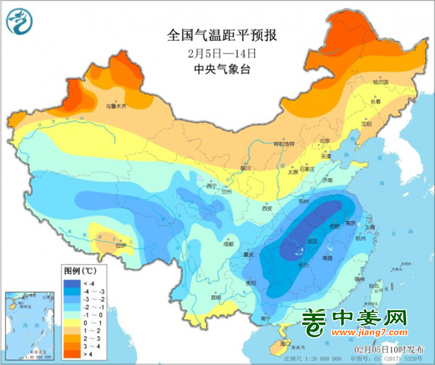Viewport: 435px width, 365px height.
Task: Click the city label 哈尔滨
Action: [380, 82]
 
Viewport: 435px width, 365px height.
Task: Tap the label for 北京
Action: [325, 141]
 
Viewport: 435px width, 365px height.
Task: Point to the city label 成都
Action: [230, 244]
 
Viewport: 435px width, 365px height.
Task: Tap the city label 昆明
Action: [215, 297]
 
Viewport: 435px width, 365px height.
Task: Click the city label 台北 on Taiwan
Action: [384, 286]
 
